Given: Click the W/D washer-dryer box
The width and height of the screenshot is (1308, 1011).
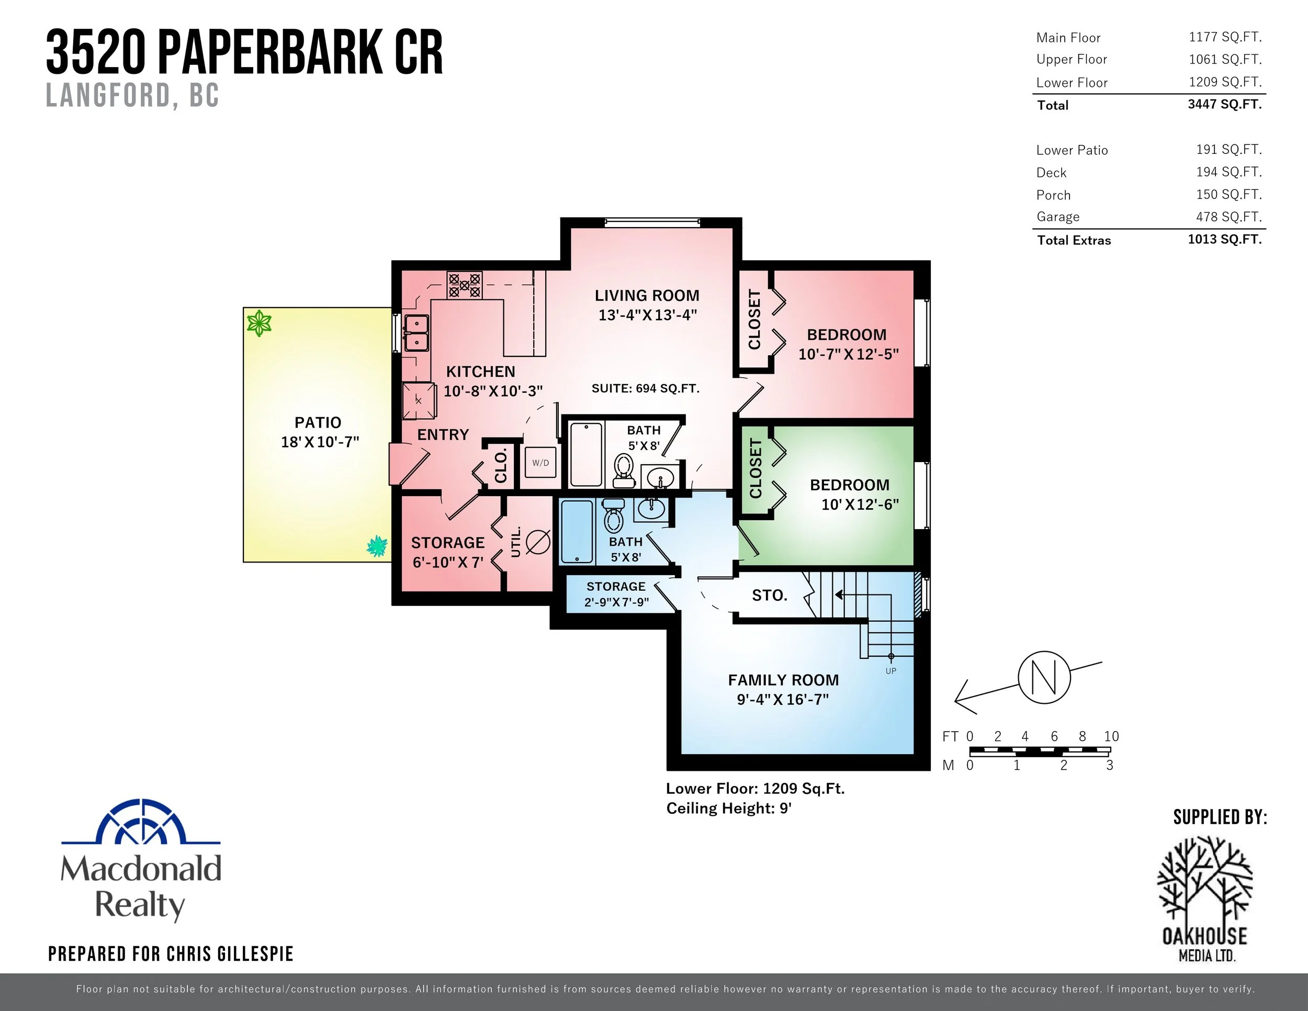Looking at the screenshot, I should [x=540, y=463].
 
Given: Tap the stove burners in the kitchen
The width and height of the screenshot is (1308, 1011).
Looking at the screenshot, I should [x=465, y=285].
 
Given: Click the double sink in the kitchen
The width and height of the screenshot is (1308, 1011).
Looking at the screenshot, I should [x=415, y=333].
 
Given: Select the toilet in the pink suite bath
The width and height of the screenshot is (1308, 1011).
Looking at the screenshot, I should [x=624, y=469].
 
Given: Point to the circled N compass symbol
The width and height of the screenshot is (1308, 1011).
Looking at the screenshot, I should [x=1044, y=677].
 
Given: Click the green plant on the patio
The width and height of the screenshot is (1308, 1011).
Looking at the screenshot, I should [x=260, y=323].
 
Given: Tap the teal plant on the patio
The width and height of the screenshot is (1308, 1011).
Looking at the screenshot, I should [x=377, y=546].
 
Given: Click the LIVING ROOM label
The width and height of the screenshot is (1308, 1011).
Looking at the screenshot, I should [x=647, y=295].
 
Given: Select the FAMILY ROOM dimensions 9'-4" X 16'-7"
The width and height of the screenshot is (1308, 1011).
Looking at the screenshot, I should [x=782, y=699].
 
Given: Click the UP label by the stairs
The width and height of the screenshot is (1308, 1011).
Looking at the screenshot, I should [x=890, y=671].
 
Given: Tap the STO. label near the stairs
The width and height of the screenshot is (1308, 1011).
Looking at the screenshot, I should [x=770, y=596].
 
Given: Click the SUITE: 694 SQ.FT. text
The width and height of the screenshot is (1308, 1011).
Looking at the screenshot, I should [x=645, y=388].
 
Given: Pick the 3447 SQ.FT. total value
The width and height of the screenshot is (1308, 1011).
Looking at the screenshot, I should [x=1224, y=104].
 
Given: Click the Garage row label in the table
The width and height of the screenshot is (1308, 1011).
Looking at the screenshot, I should [x=1058, y=217].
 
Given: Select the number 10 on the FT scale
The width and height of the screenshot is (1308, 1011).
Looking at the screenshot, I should [x=1111, y=736].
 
